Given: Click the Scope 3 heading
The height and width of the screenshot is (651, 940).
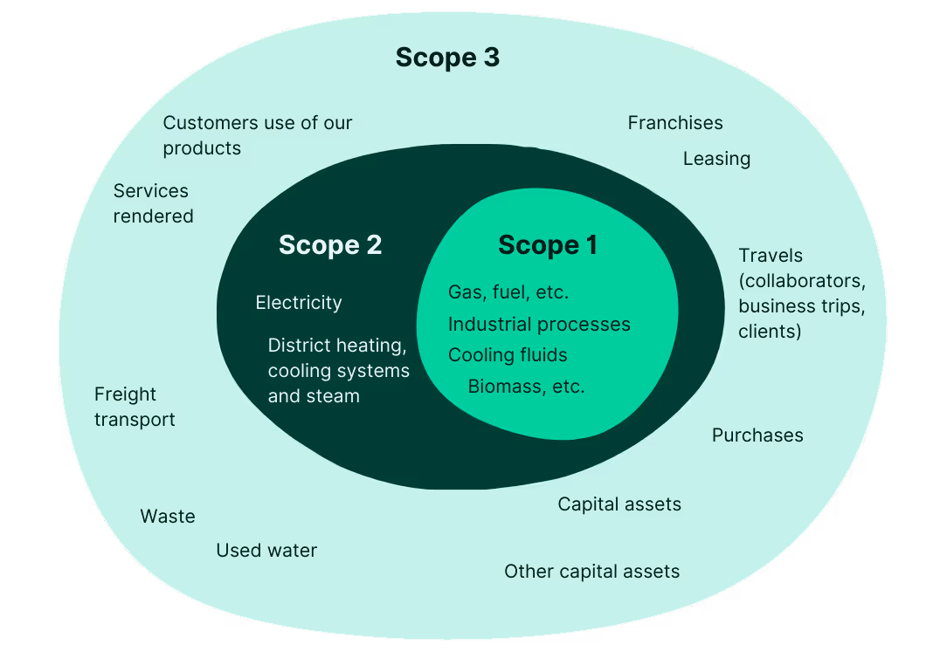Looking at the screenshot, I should (447, 58).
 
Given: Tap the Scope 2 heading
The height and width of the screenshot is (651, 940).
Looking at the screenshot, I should (330, 245).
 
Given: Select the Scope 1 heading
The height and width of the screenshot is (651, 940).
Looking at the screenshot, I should (548, 245).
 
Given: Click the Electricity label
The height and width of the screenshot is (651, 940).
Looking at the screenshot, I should (299, 303).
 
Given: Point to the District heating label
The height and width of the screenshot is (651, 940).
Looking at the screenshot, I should (337, 346).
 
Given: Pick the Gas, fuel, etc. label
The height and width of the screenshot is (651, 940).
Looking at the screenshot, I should (508, 292).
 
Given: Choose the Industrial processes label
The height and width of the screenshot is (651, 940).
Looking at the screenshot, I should (539, 325).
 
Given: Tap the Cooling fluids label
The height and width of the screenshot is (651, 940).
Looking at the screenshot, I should (508, 355).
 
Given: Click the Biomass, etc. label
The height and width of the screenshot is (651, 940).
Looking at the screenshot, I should (526, 387).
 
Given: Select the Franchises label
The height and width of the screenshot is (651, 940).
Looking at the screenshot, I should (675, 123).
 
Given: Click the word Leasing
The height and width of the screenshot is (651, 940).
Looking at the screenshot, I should (716, 159).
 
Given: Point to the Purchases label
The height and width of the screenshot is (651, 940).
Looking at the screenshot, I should (757, 435).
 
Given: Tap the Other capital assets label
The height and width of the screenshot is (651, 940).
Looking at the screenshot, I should (591, 572).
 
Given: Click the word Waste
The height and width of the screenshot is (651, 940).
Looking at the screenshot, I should (168, 517).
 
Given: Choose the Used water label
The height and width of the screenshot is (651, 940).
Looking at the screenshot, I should (266, 551).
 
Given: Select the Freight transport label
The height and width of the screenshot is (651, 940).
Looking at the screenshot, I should (135, 408).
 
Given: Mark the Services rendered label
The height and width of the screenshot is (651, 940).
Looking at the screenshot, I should (153, 203).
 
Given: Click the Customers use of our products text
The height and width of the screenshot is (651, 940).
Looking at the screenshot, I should (257, 135).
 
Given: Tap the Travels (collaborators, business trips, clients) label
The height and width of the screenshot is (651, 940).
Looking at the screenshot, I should (801, 293).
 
